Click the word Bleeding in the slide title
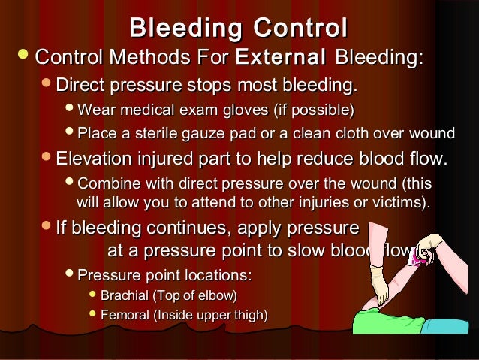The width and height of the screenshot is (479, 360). (185, 28)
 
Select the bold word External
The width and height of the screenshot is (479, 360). (281, 57)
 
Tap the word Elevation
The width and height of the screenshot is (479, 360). (95, 159)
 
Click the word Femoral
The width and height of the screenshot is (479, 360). (125, 315)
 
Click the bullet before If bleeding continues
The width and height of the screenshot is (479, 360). (47, 228)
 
